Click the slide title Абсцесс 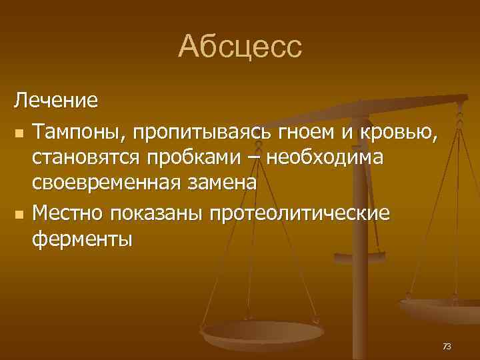240,46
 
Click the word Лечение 57,102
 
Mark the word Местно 68,213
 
